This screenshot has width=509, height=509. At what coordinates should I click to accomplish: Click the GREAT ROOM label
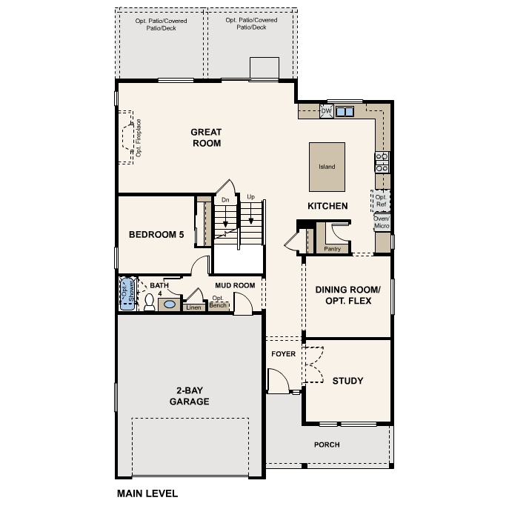(x=207, y=137)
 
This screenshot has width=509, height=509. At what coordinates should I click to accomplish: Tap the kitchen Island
(x=327, y=167)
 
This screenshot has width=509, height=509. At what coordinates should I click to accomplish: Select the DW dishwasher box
(x=326, y=111)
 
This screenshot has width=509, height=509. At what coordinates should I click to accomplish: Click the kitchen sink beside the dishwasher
(x=345, y=112)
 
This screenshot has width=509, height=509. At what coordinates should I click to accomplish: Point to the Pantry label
(x=332, y=249)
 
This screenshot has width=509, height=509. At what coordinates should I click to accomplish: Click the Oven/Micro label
(x=382, y=222)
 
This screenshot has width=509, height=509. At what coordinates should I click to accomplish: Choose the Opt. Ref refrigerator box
(x=381, y=201)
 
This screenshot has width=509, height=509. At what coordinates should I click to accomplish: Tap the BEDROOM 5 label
(x=156, y=235)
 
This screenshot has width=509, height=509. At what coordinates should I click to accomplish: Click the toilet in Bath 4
(x=149, y=302)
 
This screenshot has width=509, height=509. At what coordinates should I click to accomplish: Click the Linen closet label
(x=193, y=307)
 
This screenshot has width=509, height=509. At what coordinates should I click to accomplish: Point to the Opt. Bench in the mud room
(x=218, y=302)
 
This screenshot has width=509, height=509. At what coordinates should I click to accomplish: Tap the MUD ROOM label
(x=235, y=285)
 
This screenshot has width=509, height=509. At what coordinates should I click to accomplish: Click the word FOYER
(x=283, y=354)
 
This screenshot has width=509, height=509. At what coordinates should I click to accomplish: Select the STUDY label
(x=347, y=381)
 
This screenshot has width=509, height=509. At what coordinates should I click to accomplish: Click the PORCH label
(x=327, y=445)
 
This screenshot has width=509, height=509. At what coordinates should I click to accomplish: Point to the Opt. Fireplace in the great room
(x=131, y=138)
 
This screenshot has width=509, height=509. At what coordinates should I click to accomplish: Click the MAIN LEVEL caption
(x=147, y=493)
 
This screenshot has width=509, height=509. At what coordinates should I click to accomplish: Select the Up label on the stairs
(x=251, y=198)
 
